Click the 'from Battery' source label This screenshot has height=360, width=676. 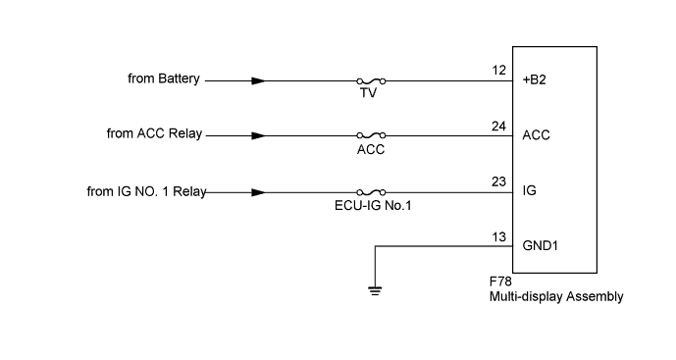click(164, 78)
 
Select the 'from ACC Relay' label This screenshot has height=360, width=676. click(154, 133)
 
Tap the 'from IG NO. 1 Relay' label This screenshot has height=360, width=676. click(146, 191)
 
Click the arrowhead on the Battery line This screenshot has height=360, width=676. click(258, 80)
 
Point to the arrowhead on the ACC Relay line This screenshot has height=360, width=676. click(258, 135)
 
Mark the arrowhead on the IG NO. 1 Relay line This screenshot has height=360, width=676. click(258, 192)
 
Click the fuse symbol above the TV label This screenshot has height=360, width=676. click(371, 80)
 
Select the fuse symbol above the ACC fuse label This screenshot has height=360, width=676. click(371, 135)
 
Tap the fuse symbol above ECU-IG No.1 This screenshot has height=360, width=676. click(371, 192)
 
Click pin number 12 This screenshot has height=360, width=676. click(498, 70)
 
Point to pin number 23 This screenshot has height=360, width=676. click(498, 181)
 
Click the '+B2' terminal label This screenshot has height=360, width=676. click(536, 80)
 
